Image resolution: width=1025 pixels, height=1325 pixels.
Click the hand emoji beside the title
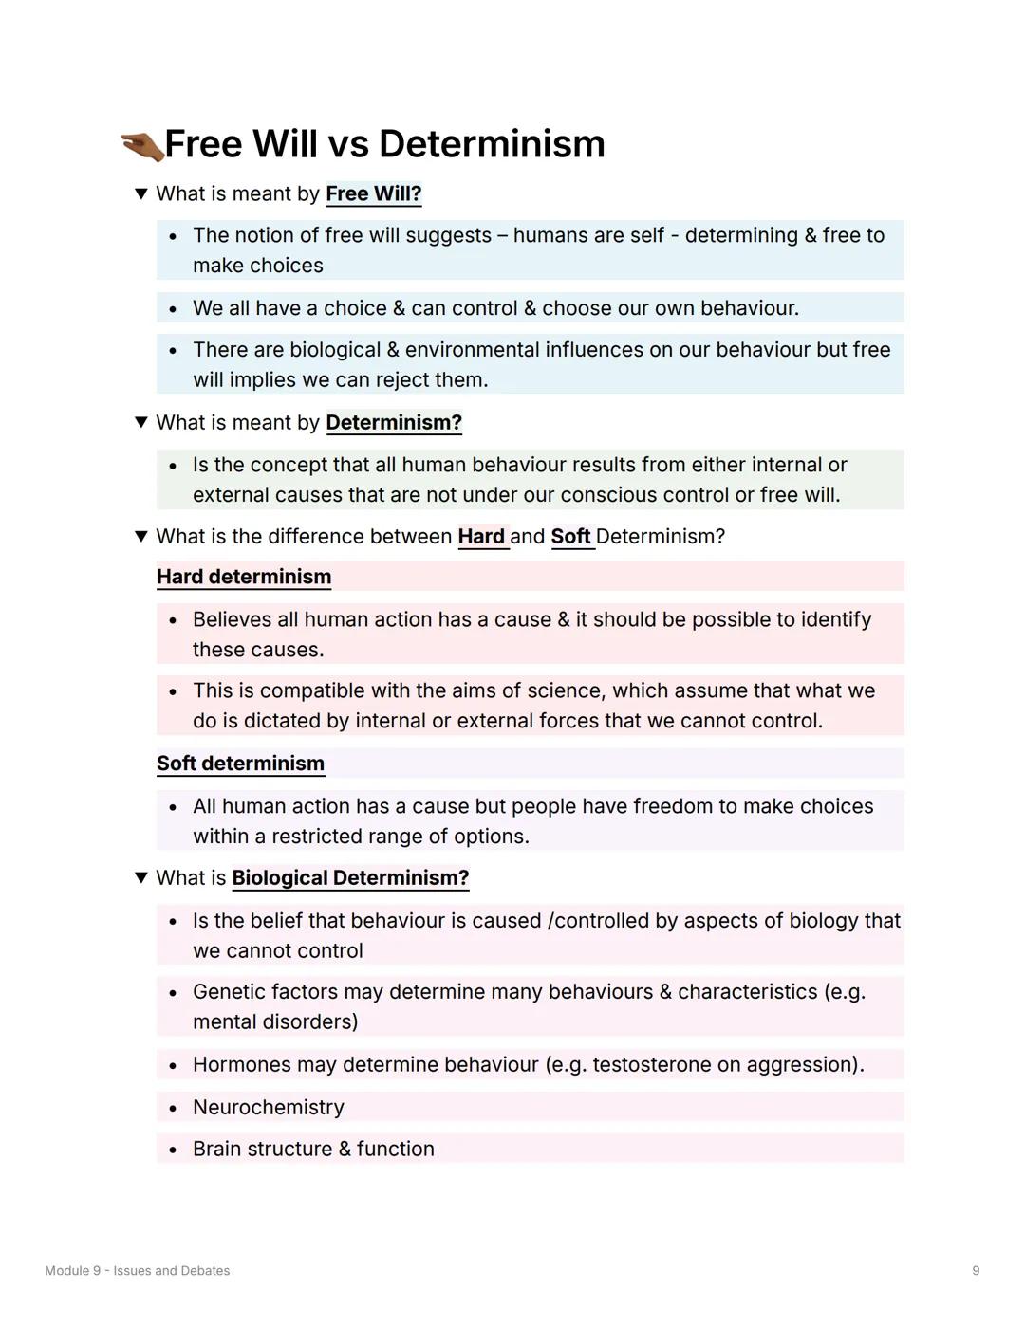click(x=142, y=146)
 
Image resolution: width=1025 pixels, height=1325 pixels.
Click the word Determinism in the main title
click(x=492, y=144)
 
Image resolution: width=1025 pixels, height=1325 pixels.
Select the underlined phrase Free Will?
click(x=373, y=194)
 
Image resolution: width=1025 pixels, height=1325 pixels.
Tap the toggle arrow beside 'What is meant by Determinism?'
click(x=141, y=422)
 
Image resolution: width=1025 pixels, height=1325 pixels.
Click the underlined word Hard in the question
click(x=481, y=537)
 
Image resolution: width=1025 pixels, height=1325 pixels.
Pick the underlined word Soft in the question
click(x=570, y=537)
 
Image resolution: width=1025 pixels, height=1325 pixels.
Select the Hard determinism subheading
click(x=244, y=577)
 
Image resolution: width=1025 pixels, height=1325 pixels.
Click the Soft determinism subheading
click(x=240, y=764)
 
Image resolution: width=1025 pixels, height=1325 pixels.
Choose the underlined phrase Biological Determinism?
click(x=350, y=878)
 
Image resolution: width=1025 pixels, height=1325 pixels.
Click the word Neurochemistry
click(x=269, y=1107)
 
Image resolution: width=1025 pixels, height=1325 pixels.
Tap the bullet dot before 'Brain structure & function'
click(x=173, y=1150)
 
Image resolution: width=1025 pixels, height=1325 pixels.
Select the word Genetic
click(x=226, y=992)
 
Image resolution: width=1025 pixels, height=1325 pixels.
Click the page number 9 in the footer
click(x=976, y=1271)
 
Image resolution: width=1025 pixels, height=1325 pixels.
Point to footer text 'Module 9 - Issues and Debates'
click(x=138, y=1271)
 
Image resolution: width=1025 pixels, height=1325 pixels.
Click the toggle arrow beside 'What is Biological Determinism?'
click(x=141, y=878)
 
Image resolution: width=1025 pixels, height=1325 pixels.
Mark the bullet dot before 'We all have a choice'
click(x=173, y=309)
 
